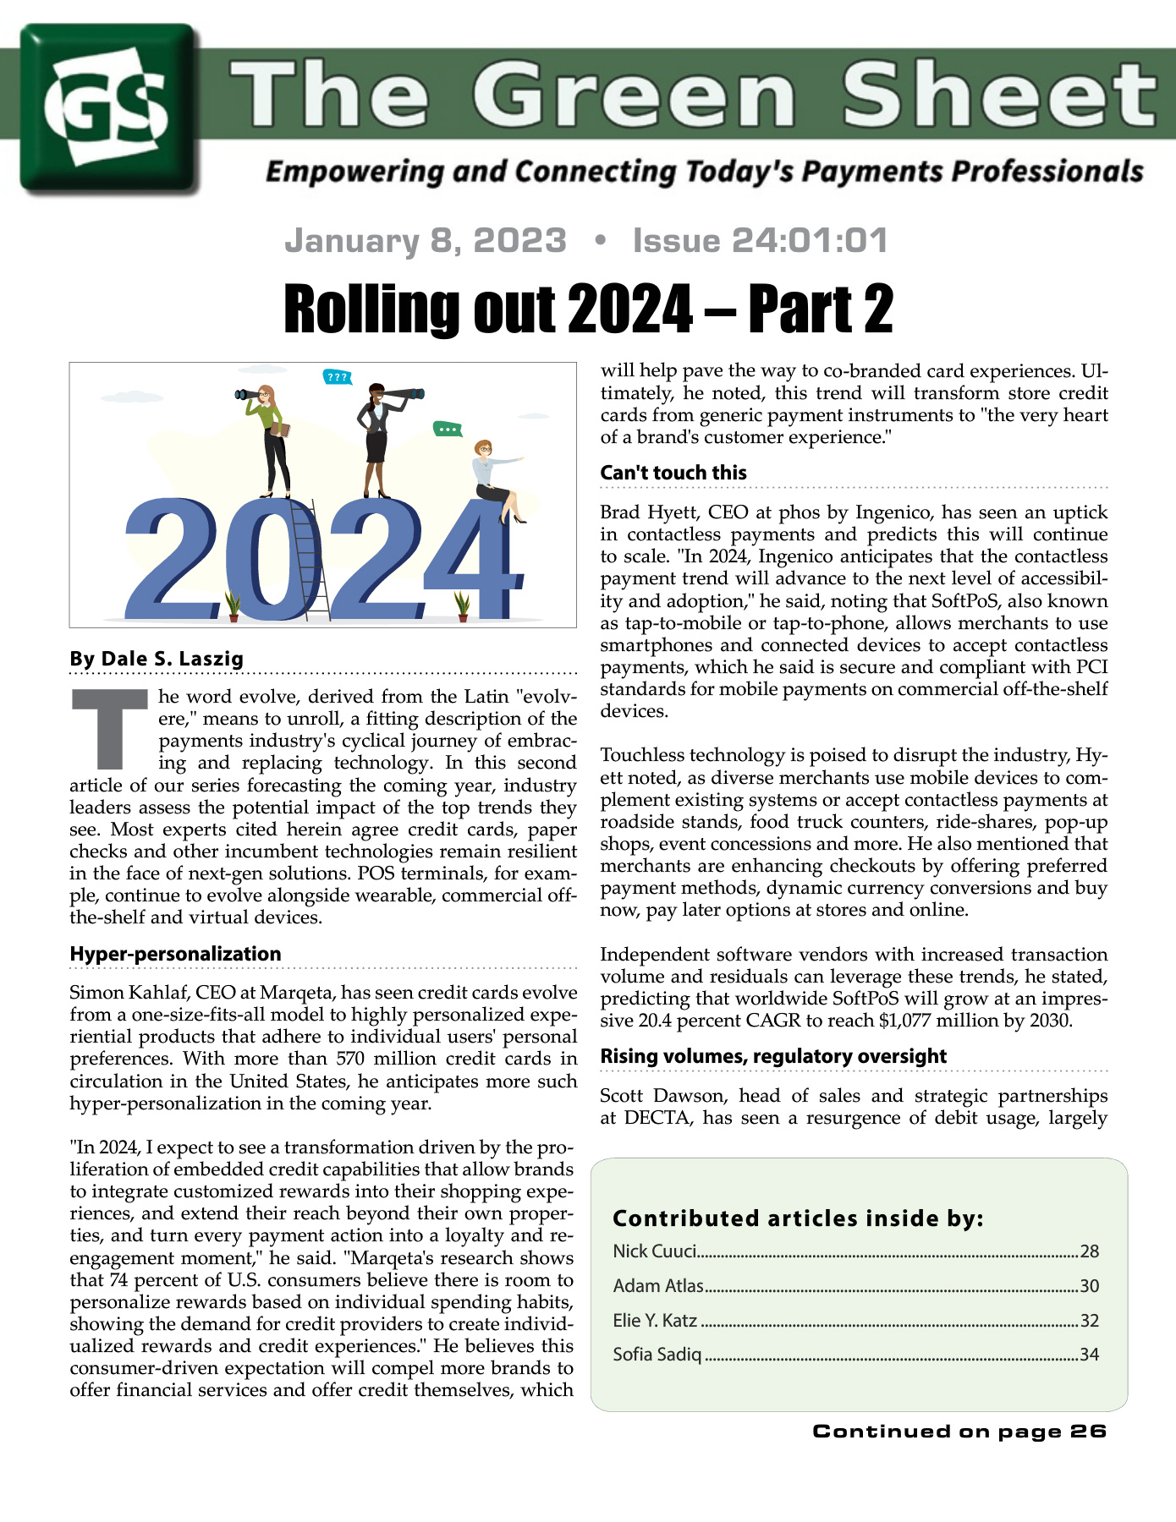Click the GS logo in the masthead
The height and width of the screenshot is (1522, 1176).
(x=110, y=108)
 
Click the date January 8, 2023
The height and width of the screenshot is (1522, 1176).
(x=426, y=241)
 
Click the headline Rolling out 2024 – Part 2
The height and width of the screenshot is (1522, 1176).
(x=588, y=309)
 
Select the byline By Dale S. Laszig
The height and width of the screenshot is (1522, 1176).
(x=157, y=659)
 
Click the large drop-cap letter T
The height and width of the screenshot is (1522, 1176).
(x=111, y=729)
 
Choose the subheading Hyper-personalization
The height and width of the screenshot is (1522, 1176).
(x=175, y=954)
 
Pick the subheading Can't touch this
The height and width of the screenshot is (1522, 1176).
(x=673, y=473)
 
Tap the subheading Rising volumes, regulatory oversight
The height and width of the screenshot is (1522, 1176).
(x=773, y=1056)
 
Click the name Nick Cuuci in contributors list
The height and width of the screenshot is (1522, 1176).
(x=655, y=1251)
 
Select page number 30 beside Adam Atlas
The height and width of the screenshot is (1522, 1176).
(x=1089, y=1286)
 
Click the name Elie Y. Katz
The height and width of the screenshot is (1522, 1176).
(x=655, y=1321)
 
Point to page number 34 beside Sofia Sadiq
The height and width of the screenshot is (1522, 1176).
(x=1089, y=1355)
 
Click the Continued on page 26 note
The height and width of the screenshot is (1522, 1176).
(x=959, y=1431)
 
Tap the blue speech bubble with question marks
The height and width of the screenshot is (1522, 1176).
(x=338, y=377)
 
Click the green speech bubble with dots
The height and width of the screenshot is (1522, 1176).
(x=448, y=430)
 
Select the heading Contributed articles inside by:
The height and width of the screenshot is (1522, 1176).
(x=798, y=1218)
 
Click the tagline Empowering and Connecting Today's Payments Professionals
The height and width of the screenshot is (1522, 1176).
(x=704, y=172)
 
